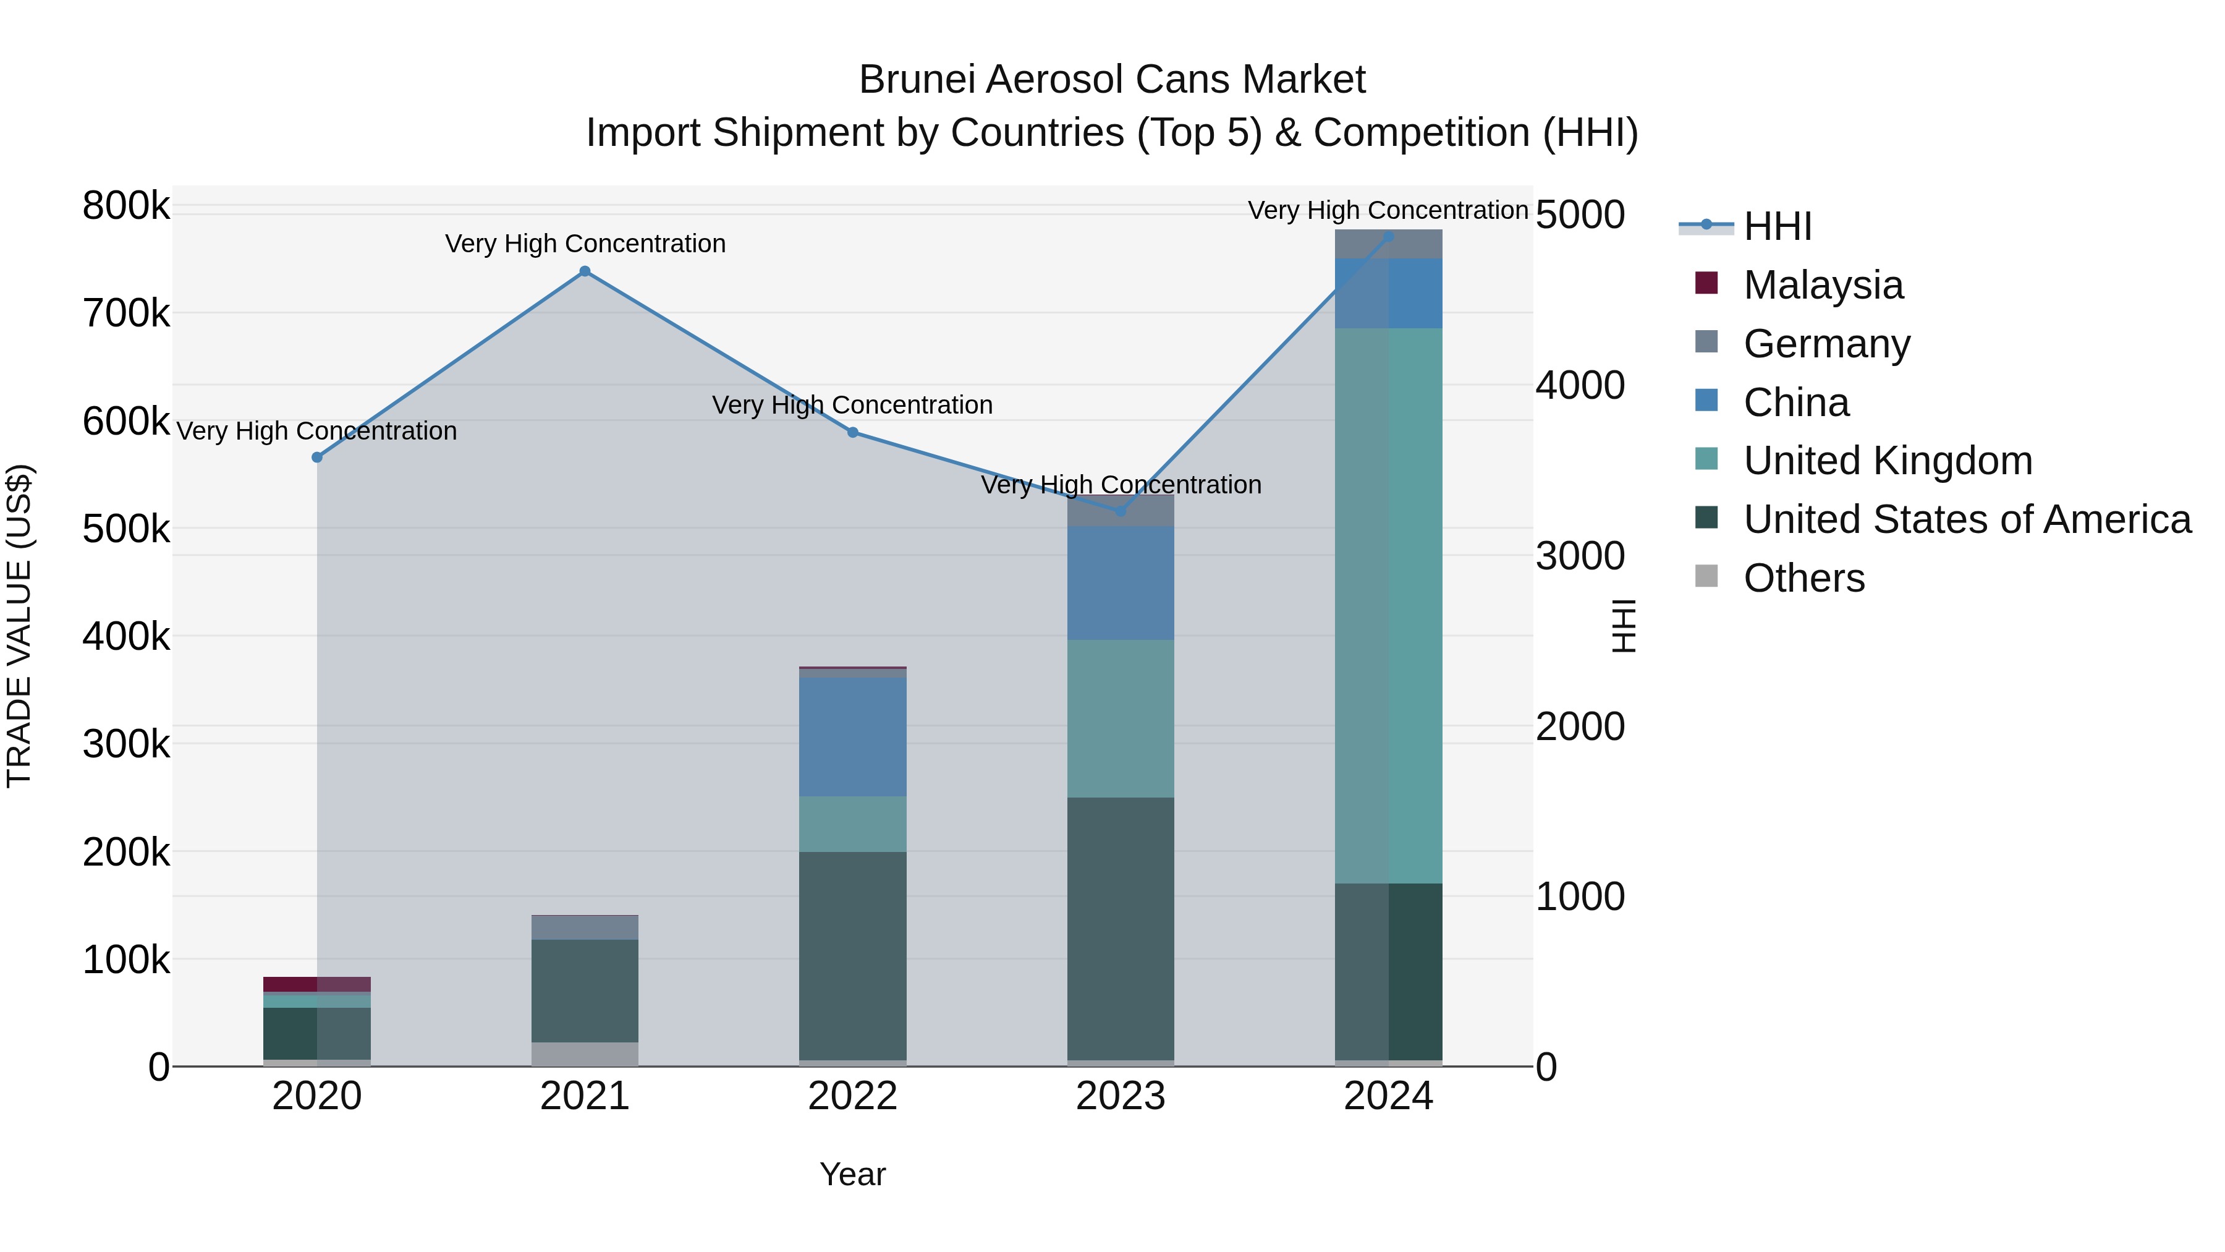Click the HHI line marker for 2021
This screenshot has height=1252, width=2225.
(585, 271)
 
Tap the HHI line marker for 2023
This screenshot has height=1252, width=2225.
(1121, 511)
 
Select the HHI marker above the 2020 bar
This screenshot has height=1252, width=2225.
(317, 457)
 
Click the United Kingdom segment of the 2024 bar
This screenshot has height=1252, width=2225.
(1389, 605)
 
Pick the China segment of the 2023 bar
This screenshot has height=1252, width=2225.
(1121, 583)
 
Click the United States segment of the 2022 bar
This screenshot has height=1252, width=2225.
(852, 955)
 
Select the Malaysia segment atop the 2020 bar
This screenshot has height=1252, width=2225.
(317, 984)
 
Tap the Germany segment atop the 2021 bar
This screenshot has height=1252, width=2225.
(585, 927)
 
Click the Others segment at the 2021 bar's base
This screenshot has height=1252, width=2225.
(585, 1054)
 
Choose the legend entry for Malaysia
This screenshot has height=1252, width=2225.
(1823, 285)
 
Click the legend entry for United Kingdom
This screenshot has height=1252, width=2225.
(1888, 461)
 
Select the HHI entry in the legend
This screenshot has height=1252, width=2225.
(1777, 226)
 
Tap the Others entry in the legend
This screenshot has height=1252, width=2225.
(1803, 578)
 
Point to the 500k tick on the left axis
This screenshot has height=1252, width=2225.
(126, 529)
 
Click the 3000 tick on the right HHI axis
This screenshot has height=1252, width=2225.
(1580, 556)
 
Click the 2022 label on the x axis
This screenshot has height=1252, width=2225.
(852, 1096)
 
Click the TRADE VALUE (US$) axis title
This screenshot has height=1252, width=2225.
(19, 626)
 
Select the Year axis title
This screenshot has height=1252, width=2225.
(852, 1174)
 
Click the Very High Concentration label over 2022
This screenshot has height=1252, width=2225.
(852, 404)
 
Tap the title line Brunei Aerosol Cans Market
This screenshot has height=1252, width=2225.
(1112, 80)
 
